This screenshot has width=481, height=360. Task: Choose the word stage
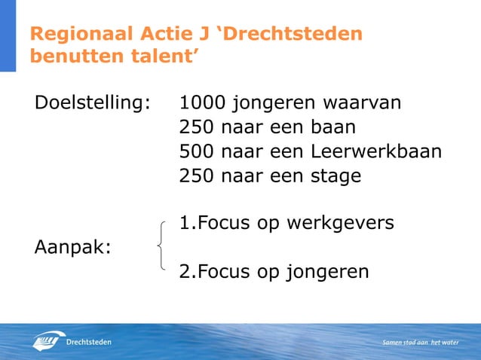[x=335, y=176]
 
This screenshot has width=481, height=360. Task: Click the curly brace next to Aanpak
[x=161, y=245]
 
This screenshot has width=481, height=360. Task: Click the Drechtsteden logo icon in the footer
[x=47, y=341]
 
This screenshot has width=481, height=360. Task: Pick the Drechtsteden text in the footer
[x=90, y=343]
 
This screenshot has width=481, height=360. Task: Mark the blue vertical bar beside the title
[x=8, y=35]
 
